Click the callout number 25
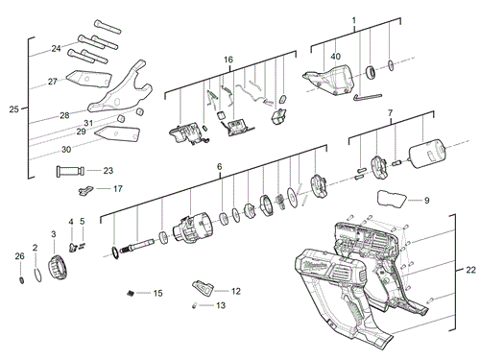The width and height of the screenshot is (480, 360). coord(13,109)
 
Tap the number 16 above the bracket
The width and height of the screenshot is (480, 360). coord(228,60)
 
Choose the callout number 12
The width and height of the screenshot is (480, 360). coord(235,290)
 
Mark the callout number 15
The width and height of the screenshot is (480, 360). coord(158,292)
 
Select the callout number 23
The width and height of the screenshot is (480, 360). coord(108,171)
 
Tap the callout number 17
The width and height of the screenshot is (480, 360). coord(117,189)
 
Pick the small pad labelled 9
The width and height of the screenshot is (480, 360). coord(392,199)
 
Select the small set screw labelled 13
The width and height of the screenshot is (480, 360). coord(195,306)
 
